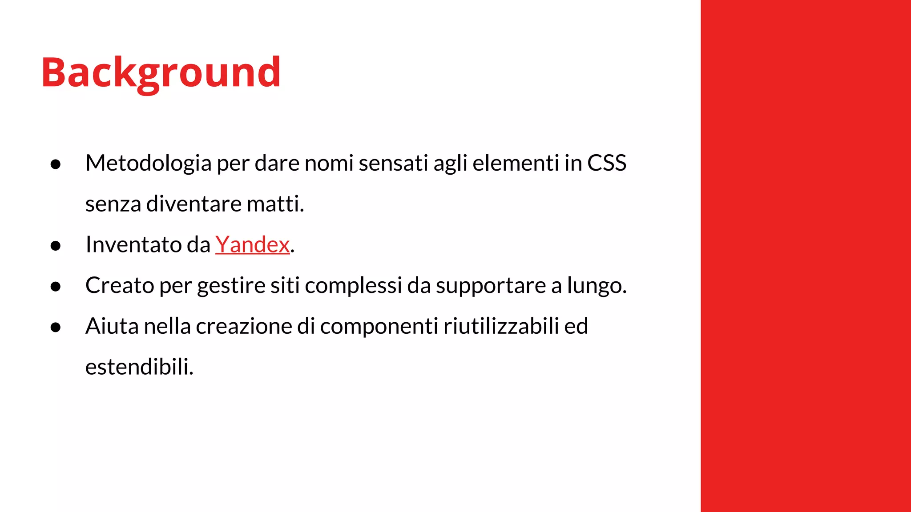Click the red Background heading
coord(161,72)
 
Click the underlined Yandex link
coord(252,244)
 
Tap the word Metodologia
coord(148,163)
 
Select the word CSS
coord(607,163)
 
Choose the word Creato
coord(120,285)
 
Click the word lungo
coord(597,285)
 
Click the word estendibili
coord(139,367)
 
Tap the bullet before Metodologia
coord(56,164)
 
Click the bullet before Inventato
coord(56,246)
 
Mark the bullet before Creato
coord(56,287)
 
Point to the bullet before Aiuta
coord(56,328)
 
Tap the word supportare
coord(491,285)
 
